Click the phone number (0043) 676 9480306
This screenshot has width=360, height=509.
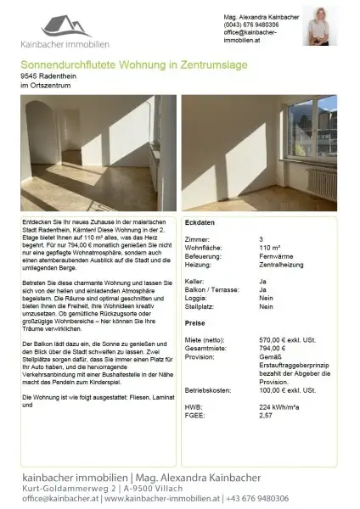[250, 25]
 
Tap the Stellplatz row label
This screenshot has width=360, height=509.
[200, 306]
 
